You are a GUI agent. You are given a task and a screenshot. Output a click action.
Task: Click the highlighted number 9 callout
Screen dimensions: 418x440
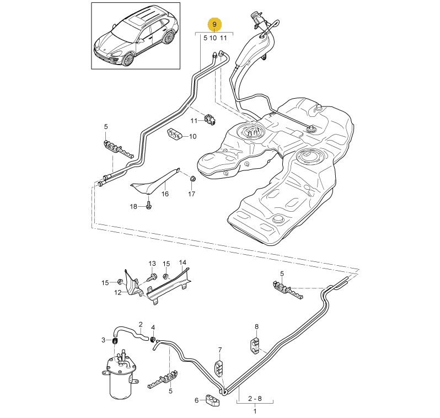(214, 25)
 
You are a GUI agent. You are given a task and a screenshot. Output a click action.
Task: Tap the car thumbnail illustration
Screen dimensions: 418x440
(136, 36)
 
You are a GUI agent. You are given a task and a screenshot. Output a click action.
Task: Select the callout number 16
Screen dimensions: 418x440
(165, 194)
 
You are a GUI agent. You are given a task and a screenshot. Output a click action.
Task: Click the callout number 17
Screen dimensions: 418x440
(191, 194)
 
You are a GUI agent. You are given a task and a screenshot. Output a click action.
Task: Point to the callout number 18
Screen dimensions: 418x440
(133, 206)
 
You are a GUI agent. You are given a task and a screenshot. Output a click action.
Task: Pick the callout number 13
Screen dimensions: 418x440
(152, 264)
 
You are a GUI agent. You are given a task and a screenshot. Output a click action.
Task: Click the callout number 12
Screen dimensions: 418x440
(117, 292)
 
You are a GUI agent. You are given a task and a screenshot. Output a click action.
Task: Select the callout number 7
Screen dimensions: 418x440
(219, 350)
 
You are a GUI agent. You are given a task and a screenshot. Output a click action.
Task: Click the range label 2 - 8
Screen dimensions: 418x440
(255, 397)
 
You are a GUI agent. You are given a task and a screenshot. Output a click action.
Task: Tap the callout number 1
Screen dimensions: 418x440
(255, 411)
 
